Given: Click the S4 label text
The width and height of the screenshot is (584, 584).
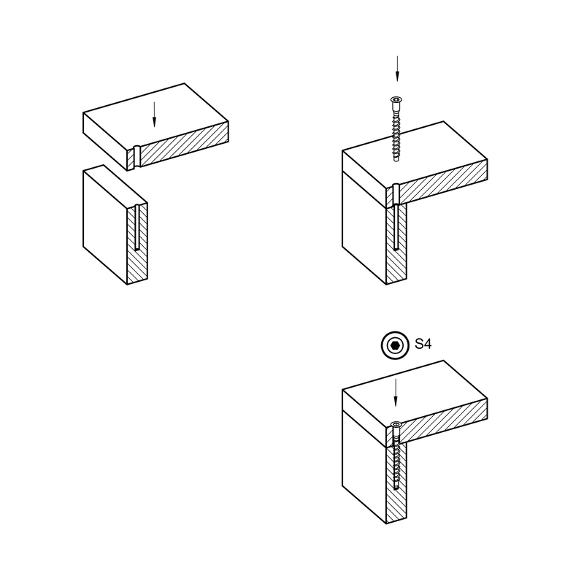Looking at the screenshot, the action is point(423,344).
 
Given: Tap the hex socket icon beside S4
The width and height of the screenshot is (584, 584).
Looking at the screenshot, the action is point(395,345).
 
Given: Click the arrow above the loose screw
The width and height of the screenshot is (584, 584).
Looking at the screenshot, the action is point(397,69).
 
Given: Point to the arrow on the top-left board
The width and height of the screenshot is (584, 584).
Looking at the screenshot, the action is point(154,115).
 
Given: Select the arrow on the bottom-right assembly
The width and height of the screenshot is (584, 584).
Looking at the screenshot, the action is point(396,393).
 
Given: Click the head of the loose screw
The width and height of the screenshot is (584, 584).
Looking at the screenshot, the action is point(396,99).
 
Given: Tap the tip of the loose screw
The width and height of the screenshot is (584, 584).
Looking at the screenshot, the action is point(396,161).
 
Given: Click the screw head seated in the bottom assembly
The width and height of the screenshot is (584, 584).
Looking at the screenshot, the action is point(396,424).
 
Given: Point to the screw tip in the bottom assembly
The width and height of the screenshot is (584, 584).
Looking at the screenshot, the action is point(396,488).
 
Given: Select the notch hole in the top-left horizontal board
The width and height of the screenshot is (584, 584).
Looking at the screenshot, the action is point(137,156).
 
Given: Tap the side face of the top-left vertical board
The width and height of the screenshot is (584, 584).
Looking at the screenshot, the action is point(105,225).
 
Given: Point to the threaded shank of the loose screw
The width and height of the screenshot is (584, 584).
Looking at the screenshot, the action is point(396,134).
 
